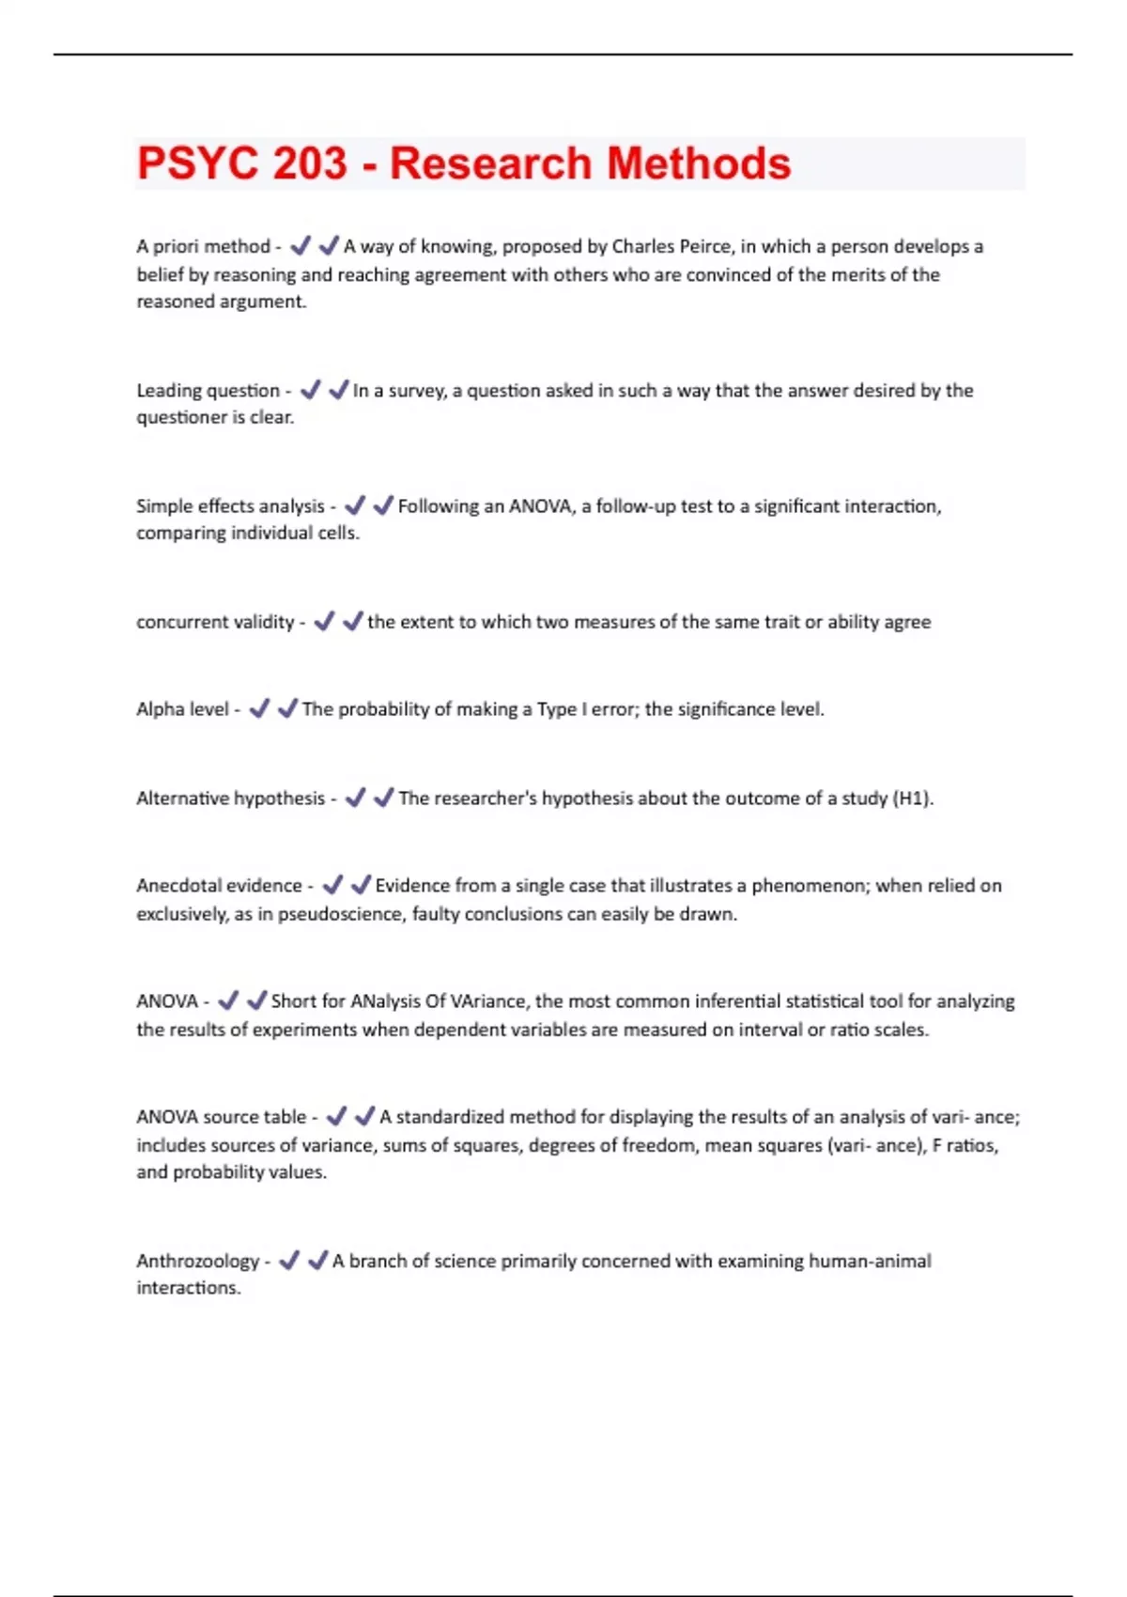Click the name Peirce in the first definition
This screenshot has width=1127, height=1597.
(702, 247)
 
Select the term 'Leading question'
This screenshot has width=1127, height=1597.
(208, 391)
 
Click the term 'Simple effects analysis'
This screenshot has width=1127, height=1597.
(230, 506)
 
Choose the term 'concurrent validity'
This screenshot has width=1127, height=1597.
(215, 622)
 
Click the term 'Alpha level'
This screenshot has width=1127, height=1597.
(182, 709)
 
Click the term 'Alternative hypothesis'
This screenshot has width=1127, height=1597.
(230, 798)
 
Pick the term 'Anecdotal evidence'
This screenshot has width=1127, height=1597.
(219, 886)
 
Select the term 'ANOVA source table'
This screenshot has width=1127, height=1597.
(221, 1117)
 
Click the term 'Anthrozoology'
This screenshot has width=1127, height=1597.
(197, 1261)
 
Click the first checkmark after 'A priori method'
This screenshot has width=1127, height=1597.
(300, 246)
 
